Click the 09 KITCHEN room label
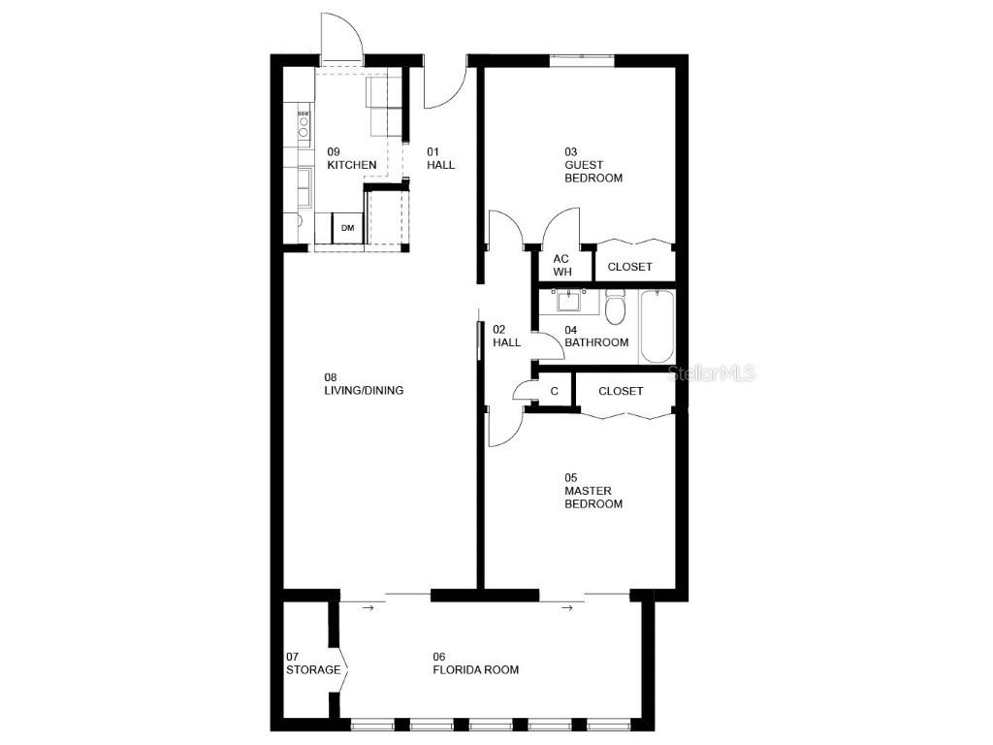click(351, 158)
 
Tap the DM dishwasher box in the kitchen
click(347, 229)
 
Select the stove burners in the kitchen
click(304, 122)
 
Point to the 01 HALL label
click(440, 158)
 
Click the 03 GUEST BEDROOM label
click(593, 165)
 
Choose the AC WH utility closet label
click(561, 265)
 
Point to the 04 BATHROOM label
click(596, 336)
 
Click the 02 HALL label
click(506, 336)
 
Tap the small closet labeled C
click(554, 391)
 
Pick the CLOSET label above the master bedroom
click(621, 391)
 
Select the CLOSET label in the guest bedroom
click(629, 267)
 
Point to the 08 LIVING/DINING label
click(364, 384)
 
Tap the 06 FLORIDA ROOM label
click(475, 664)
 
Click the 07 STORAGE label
click(313, 664)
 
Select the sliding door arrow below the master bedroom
click(567, 608)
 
